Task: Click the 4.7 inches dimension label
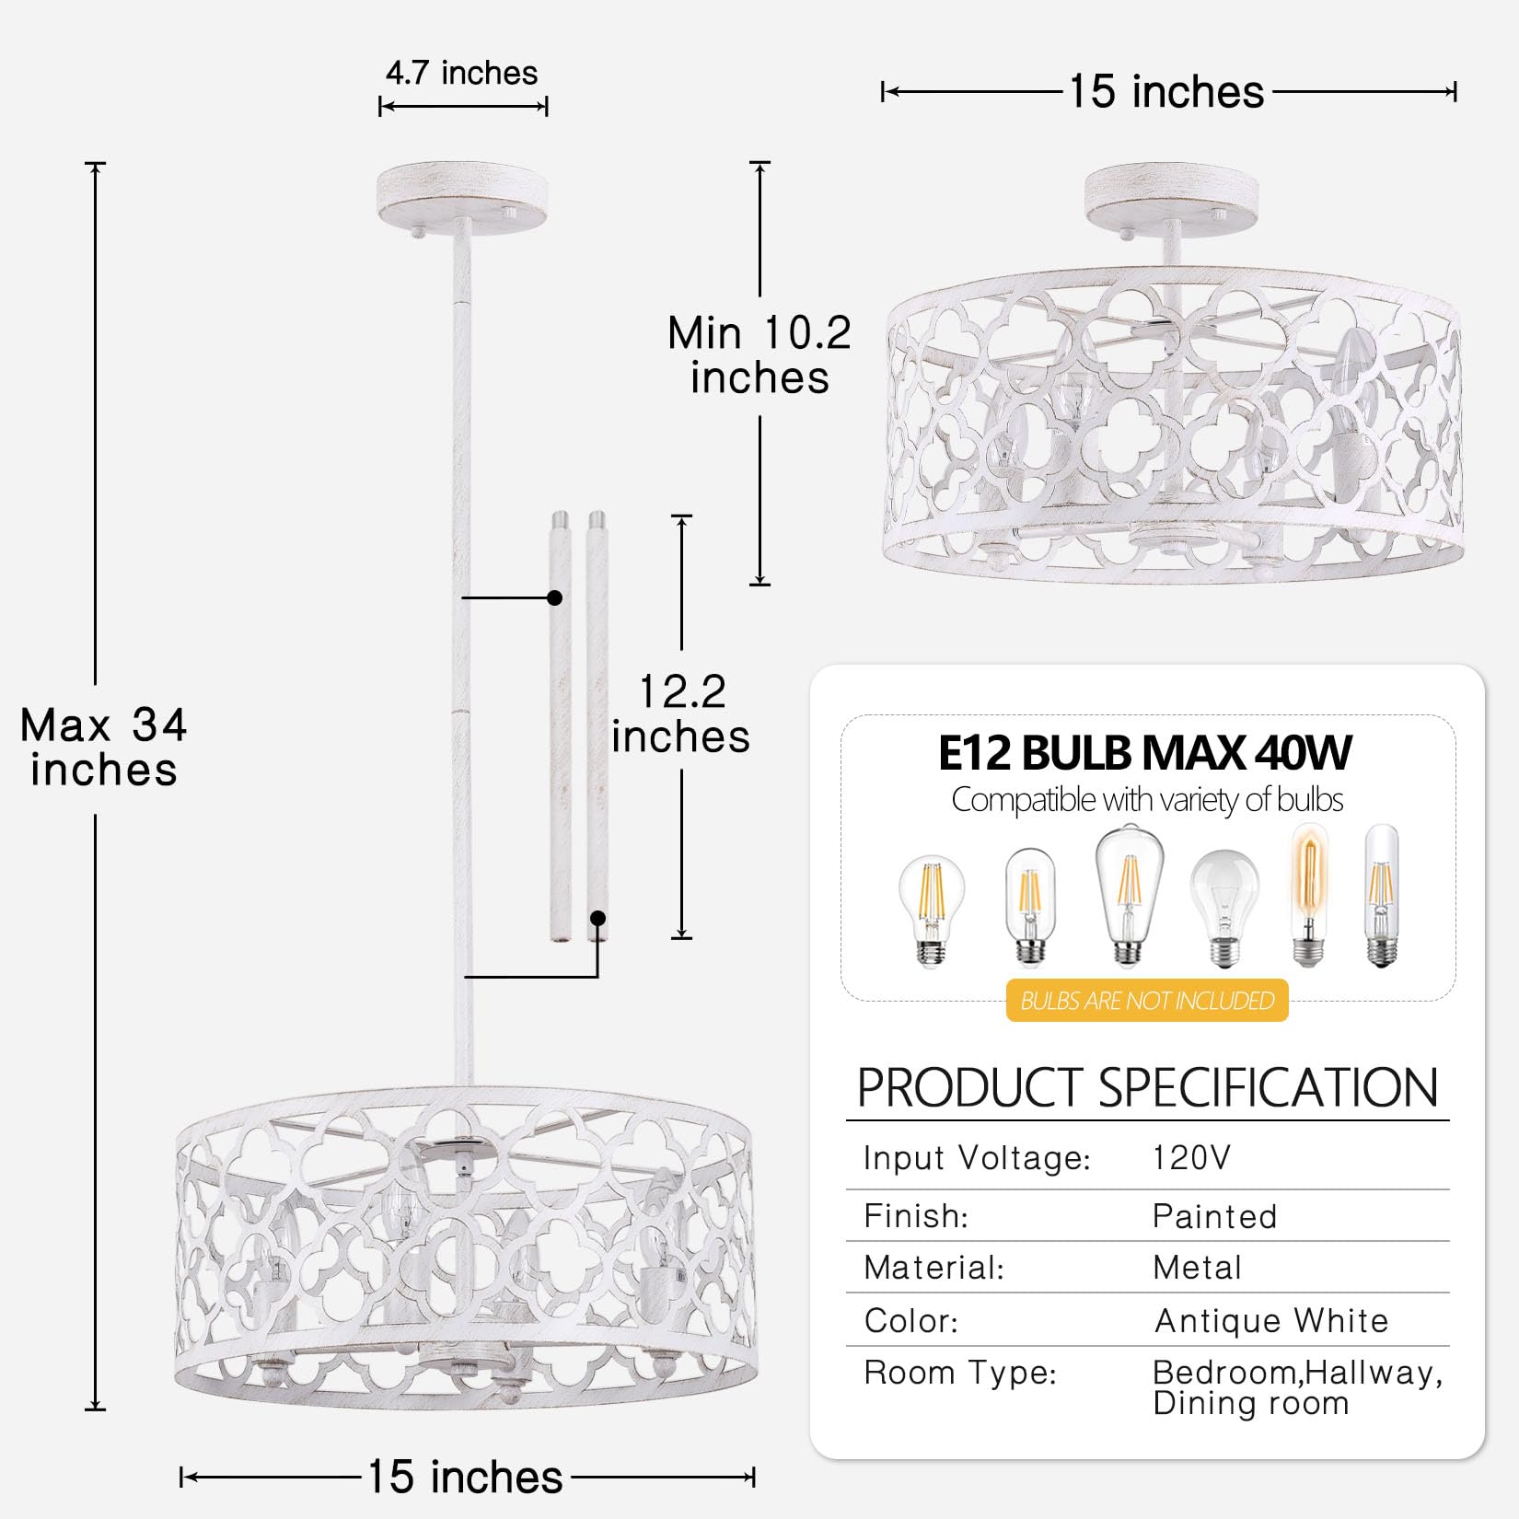point(461,73)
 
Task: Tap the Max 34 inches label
point(103,747)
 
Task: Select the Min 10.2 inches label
point(759,354)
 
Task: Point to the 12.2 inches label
point(681,713)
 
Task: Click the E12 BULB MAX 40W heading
point(1145,752)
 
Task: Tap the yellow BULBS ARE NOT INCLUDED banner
point(1147,1000)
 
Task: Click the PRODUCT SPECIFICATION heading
point(1147,1087)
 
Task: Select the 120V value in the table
point(1191,1157)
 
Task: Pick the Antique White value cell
point(1271,1320)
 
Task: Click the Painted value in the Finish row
point(1214,1216)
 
